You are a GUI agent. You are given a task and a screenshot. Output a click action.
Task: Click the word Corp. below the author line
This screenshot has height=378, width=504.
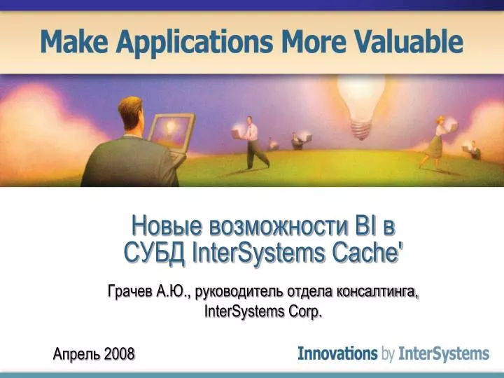[x=304, y=311]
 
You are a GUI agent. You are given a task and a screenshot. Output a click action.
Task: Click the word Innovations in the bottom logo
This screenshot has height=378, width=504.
[x=337, y=353]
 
